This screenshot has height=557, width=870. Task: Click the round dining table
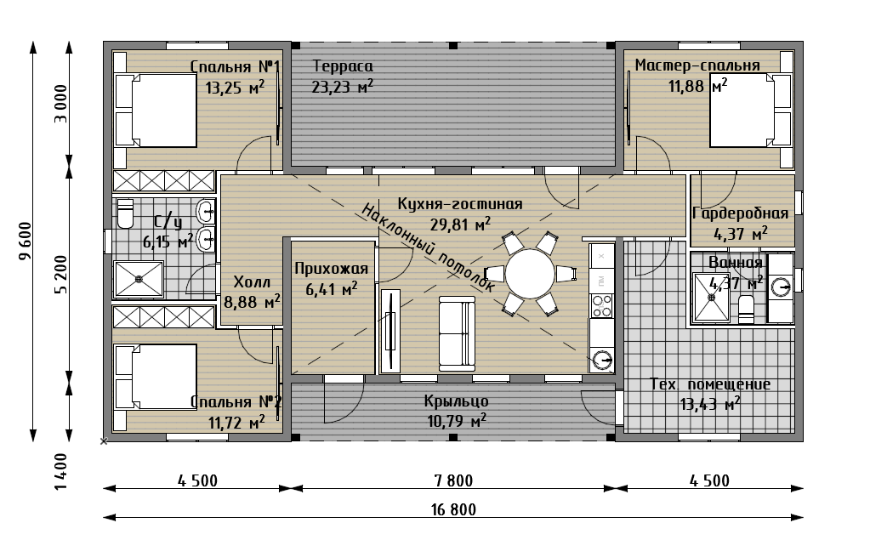point(529,274)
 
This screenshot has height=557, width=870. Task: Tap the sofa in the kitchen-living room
point(458,332)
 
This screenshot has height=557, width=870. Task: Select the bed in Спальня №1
point(156,110)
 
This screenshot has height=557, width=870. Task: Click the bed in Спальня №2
point(156,378)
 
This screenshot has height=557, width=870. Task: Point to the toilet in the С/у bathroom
point(125,213)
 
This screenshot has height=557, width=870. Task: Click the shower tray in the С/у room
point(139,279)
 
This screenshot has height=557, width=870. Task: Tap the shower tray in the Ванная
point(712,297)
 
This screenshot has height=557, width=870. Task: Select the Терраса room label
point(343,66)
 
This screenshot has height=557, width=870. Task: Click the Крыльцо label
point(456,401)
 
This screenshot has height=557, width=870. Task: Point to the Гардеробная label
point(740,213)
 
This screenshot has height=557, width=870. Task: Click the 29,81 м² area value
point(461,225)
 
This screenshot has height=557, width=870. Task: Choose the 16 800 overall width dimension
point(453,509)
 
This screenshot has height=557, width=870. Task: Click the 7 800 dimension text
point(453,480)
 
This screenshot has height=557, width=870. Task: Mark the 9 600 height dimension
point(25,242)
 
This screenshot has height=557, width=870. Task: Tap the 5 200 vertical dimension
point(61,274)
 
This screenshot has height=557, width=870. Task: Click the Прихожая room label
point(331,269)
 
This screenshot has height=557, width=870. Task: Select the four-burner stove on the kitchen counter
point(601,305)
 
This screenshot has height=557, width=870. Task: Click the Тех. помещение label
point(710,384)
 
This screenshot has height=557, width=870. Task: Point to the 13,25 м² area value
point(234,87)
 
